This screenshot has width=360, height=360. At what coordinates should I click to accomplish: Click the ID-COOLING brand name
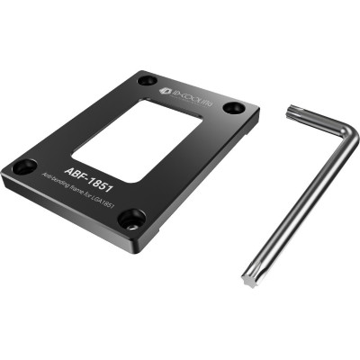(x=192, y=91)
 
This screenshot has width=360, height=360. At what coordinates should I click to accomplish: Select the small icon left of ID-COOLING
(x=165, y=90)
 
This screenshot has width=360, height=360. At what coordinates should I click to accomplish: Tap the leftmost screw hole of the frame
(x=25, y=166)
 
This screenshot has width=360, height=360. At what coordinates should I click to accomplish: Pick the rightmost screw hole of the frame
(x=233, y=107)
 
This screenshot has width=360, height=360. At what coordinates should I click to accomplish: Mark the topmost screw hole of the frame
(x=147, y=80)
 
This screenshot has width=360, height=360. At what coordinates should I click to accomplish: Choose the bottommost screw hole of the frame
(x=131, y=217)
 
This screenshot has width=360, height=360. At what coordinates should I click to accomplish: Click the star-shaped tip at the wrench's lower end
(x=248, y=281)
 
